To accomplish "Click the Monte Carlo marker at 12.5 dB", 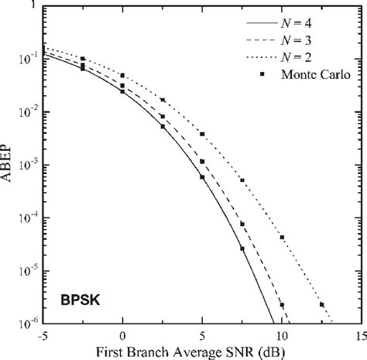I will [x=321, y=305].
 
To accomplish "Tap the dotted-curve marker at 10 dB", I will [x=282, y=237].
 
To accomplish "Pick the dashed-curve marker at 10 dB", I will [x=282, y=305].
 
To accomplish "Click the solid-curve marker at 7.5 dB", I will [x=242, y=249].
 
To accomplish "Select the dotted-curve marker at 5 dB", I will [x=202, y=134].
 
